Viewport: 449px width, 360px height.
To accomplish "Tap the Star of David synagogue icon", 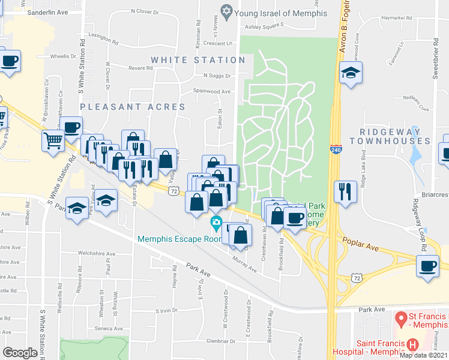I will (x=226, y=11).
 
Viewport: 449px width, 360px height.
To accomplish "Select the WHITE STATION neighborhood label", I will (x=198, y=60).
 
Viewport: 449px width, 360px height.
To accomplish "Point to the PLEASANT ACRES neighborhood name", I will (x=133, y=107).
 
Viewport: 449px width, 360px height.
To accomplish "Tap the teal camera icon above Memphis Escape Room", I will (x=215, y=224).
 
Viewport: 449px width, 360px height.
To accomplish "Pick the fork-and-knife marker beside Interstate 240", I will (x=345, y=191).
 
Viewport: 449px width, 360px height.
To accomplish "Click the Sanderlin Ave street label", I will (x=48, y=11).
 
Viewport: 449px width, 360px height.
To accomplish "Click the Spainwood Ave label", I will (x=211, y=91).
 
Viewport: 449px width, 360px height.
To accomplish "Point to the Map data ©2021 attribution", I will (x=424, y=355).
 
